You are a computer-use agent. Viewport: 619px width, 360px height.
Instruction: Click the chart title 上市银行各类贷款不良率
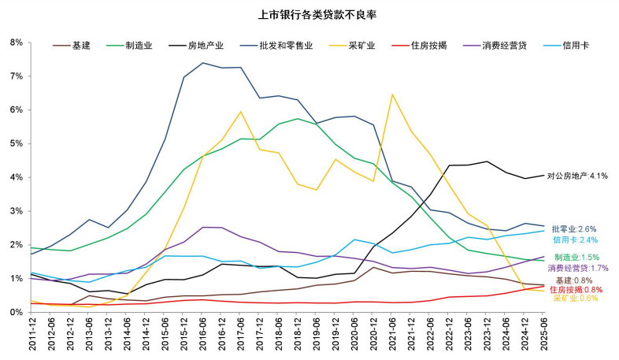(309, 14)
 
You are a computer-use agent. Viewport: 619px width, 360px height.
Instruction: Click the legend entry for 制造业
(139, 46)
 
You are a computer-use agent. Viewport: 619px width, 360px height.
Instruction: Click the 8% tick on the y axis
(16, 43)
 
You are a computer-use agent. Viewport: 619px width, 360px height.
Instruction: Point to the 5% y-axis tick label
(16, 143)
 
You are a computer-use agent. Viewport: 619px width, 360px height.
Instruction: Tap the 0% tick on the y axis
(16, 313)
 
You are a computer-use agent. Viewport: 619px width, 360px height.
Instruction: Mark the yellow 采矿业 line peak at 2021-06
(392, 95)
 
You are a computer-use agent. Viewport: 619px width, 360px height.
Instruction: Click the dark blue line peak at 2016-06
(203, 63)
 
